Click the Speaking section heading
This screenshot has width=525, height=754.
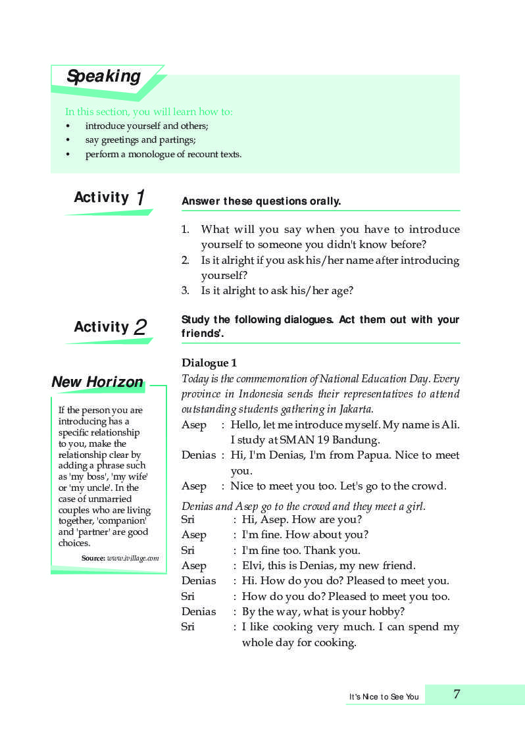point(103,76)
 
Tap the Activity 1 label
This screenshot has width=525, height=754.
point(109,197)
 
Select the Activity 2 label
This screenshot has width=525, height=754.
point(110,327)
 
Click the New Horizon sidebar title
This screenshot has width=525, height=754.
point(97,382)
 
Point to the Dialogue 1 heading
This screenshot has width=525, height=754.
point(209,363)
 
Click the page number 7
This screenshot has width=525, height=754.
point(457,694)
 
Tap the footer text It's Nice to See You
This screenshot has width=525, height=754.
point(384,697)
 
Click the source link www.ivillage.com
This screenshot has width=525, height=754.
point(133,558)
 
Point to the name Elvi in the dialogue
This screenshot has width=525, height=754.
point(253,565)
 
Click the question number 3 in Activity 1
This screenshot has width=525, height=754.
point(185,290)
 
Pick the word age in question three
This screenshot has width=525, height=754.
point(341,291)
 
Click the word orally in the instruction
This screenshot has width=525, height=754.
point(325,201)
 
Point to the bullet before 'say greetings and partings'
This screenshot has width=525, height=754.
point(67,140)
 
